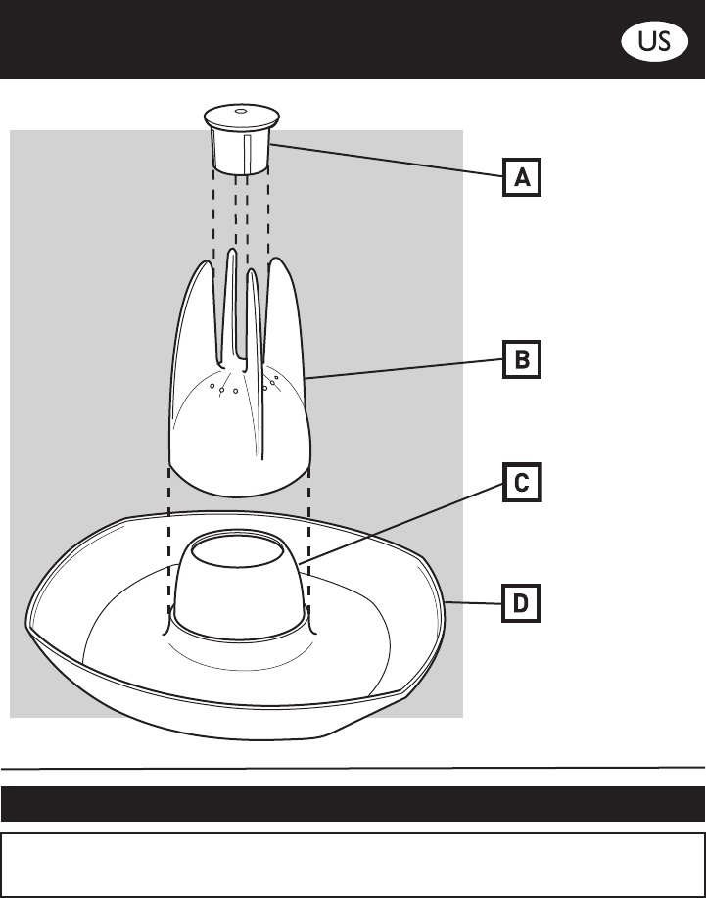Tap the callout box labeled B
tap(522, 359)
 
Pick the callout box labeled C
tap(522, 483)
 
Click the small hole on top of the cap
tap(240, 112)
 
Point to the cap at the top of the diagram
tap(240, 137)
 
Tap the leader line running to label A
tap(392, 161)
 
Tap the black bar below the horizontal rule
tap(353, 803)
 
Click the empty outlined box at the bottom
tap(353, 865)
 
